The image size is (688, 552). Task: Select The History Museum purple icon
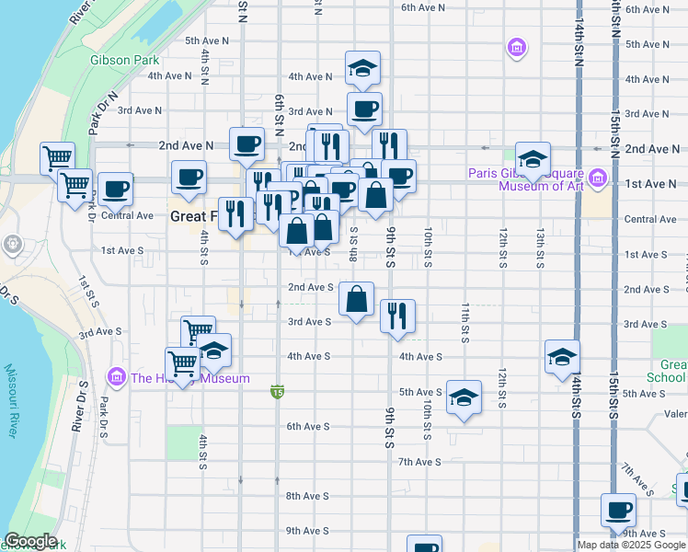tap(116, 377)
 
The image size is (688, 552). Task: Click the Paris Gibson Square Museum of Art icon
tap(599, 177)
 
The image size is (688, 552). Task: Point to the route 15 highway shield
tap(277, 393)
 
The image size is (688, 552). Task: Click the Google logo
tap(30, 542)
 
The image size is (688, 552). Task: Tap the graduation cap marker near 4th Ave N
tap(362, 67)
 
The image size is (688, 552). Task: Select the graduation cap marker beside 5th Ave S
tap(464, 397)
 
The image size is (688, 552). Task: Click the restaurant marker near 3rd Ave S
tap(397, 316)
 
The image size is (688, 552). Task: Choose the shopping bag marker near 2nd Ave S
tap(356, 298)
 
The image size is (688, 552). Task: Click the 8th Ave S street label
tap(307, 496)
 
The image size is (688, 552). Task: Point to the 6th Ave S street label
tap(307, 426)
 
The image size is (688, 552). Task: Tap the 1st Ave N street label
tap(645, 184)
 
